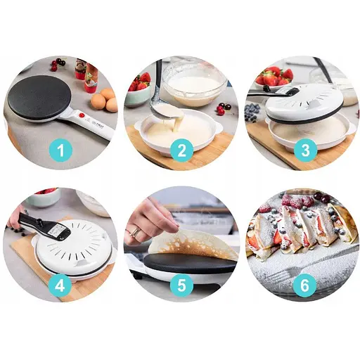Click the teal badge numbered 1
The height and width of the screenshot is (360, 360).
click(60, 150)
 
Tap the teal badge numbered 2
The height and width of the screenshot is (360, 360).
click(181, 150)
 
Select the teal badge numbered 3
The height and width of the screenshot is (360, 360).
click(306, 150)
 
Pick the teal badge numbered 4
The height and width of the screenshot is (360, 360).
click(60, 285)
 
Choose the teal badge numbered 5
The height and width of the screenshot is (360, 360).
click(181, 285)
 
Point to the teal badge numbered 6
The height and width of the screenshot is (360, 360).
click(304, 285)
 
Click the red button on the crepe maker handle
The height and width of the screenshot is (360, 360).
click(82, 115)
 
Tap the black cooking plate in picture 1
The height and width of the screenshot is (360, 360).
click(39, 97)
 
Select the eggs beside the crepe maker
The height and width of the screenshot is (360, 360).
click(105, 100)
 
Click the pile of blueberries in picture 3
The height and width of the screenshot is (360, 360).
click(252, 112)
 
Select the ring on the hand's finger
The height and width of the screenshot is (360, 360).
click(134, 232)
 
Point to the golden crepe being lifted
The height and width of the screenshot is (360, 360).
click(192, 245)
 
